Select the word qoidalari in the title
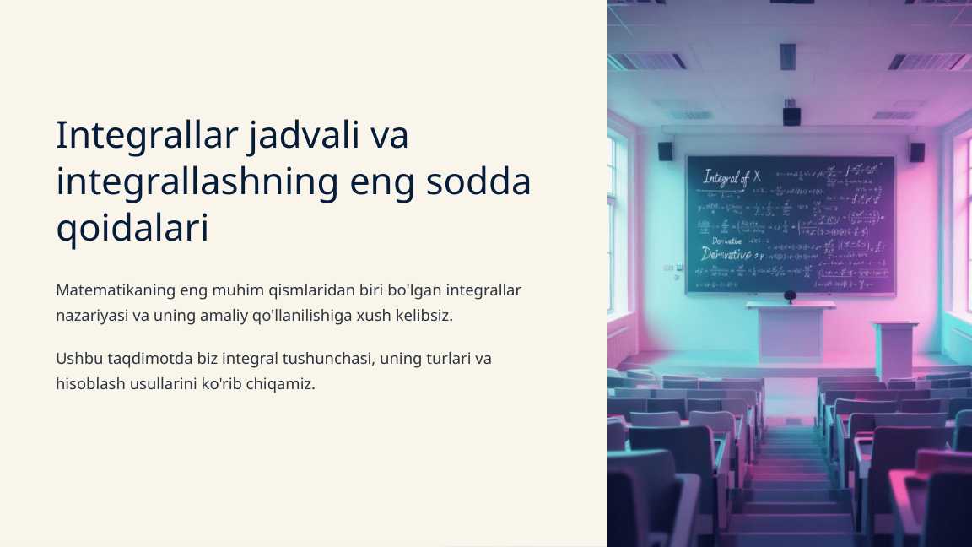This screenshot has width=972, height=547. click(x=132, y=228)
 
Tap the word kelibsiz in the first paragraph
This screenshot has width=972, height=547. click(x=424, y=316)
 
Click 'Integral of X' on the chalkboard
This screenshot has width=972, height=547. click(x=732, y=177)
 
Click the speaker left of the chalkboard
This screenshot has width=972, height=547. click(x=665, y=151)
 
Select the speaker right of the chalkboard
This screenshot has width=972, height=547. click(x=917, y=152)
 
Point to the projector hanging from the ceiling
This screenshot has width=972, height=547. click(x=791, y=115)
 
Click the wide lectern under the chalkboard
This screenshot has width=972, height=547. click(x=791, y=331)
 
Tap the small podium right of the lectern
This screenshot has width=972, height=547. click(x=894, y=348)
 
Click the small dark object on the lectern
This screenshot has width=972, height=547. click(x=790, y=296)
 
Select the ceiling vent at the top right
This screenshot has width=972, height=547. click(x=927, y=62)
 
